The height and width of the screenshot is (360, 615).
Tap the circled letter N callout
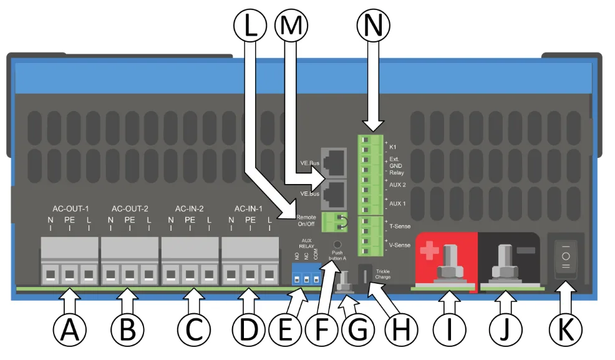click(x=373, y=26)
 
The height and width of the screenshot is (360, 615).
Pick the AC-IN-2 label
click(x=190, y=208)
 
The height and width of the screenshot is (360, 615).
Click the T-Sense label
click(x=399, y=226)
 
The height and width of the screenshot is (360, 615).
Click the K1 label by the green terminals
click(x=394, y=147)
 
